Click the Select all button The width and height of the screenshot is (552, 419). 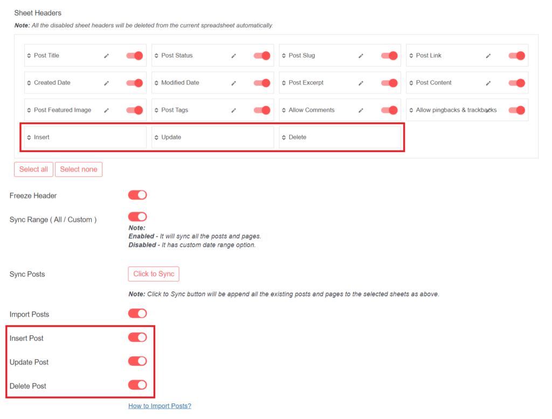point(33,169)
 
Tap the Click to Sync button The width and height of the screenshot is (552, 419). point(154,274)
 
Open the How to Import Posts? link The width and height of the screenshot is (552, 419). point(160,406)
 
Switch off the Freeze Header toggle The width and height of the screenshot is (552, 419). point(137,195)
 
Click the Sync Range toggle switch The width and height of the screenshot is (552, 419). point(137,217)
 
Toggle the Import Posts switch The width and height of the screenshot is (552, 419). point(137,313)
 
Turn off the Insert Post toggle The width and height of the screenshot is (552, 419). point(137,338)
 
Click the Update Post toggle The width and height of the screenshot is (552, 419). point(137,361)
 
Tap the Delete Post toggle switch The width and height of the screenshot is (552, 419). point(137,385)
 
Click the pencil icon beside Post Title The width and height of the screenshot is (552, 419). point(107,56)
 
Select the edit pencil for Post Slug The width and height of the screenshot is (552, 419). point(361,56)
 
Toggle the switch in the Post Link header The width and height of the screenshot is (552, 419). point(516,56)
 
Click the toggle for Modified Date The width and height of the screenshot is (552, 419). point(262,83)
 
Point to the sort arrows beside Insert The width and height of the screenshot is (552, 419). point(29,138)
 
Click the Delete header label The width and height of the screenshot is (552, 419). point(298,138)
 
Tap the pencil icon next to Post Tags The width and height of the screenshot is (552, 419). point(234,110)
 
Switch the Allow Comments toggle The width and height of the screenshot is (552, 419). point(389,110)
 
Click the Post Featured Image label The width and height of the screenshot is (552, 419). point(63,110)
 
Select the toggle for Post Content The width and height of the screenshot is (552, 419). point(516,83)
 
